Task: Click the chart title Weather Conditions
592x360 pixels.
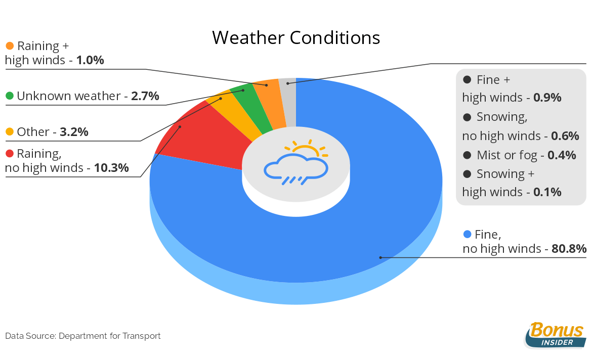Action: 296,38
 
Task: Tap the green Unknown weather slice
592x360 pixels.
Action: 252,109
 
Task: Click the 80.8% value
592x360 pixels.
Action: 569,249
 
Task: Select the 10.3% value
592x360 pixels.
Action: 111,167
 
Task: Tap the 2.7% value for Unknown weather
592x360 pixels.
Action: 145,96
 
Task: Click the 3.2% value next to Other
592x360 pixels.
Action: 74,131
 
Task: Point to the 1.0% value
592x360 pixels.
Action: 90,60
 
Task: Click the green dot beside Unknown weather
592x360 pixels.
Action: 10,96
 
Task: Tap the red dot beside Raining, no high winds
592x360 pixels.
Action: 10,153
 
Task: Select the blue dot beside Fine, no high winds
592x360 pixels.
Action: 467,234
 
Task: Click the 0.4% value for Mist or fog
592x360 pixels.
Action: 562,155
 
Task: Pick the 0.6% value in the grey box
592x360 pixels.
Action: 565,136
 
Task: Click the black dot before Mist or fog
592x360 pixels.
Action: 467,155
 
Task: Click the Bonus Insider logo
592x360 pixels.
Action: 555,335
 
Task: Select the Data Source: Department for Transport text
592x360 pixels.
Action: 82,336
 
